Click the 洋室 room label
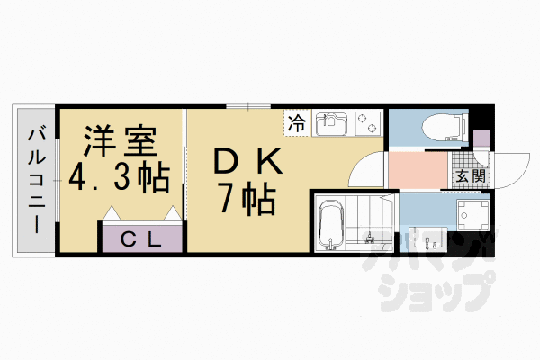coord(121,141)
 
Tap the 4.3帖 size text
coord(120,176)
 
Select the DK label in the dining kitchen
coord(248,161)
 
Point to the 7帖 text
coord(247,200)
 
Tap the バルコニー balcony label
coord(37,181)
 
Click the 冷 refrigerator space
coord(297,123)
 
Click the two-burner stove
coord(368,123)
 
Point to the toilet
coord(445,127)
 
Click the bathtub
coord(331,224)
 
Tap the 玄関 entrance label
coord(471,176)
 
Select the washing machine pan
coord(472,215)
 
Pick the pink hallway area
coord(418,170)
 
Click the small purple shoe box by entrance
coord(481,139)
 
